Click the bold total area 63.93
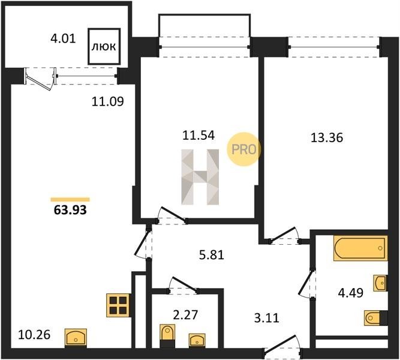click(x=70, y=210)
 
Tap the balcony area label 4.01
click(x=63, y=39)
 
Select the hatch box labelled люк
click(x=104, y=46)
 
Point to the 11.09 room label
click(x=108, y=101)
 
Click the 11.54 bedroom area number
click(x=199, y=136)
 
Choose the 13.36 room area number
click(x=327, y=138)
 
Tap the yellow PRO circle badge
click(x=243, y=149)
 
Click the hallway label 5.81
click(x=212, y=255)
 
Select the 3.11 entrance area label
click(x=267, y=318)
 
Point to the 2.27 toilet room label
click(x=185, y=315)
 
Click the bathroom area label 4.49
click(x=350, y=293)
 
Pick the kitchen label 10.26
click(x=34, y=335)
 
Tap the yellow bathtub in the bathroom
click(x=360, y=248)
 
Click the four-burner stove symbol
click(x=118, y=305)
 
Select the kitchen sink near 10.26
click(x=76, y=338)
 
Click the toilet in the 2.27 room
click(x=167, y=335)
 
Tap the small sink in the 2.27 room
click(x=197, y=340)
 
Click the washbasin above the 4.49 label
click(x=380, y=283)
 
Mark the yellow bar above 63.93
click(x=70, y=200)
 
